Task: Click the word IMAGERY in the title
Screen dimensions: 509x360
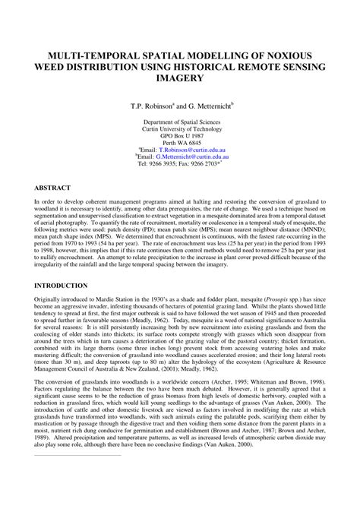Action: pyautogui.click(x=180, y=78)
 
